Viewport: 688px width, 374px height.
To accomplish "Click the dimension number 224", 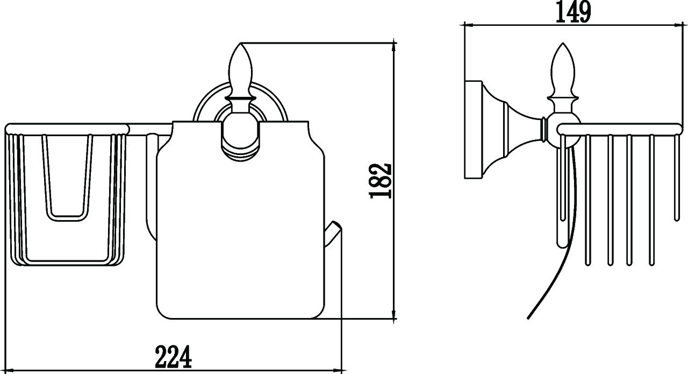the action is pos(173,357).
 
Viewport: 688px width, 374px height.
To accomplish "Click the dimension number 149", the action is pos(573,12).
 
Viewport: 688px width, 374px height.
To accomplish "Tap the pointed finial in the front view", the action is pos(240,70).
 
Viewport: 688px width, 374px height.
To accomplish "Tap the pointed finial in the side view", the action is pos(563,70).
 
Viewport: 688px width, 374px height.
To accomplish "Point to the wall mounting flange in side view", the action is pos(473,130).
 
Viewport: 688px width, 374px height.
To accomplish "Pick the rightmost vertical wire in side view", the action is pos(676,178).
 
